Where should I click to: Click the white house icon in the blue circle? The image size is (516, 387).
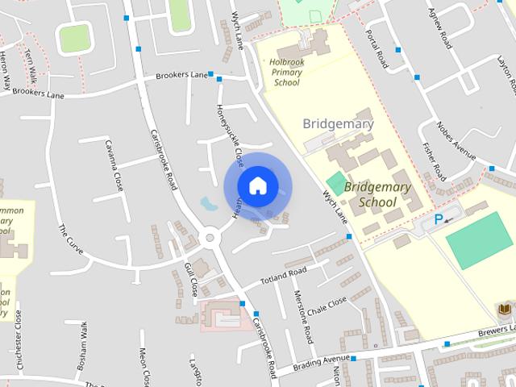pyautogui.click(x=257, y=185)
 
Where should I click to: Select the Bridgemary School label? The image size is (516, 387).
pyautogui.click(x=377, y=193)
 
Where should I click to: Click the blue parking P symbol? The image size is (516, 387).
pyautogui.click(x=439, y=218)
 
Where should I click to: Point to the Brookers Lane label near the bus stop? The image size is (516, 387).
pyautogui.click(x=182, y=75)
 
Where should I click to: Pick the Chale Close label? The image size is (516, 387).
pyautogui.click(x=326, y=305)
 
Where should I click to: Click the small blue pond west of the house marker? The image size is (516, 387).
pyautogui.click(x=209, y=203)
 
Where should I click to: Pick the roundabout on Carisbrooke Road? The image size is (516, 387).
pyautogui.click(x=212, y=237)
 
